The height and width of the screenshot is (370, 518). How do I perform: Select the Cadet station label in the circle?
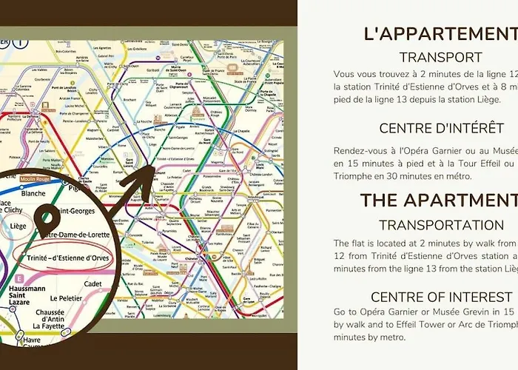[x=93, y=282]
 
